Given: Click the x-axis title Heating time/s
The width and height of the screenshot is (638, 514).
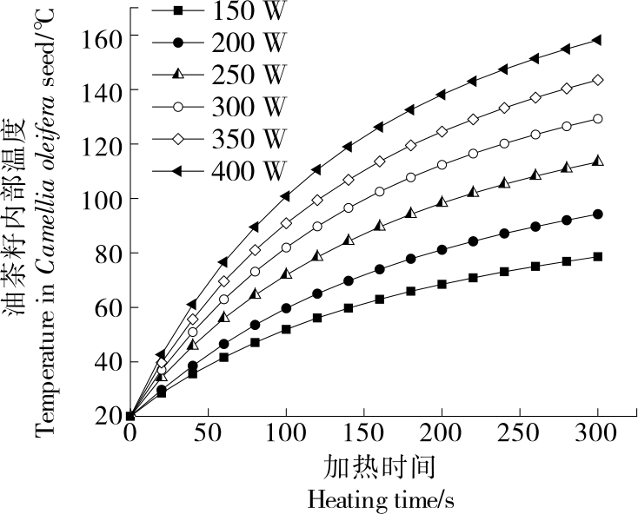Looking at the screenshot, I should (381, 500).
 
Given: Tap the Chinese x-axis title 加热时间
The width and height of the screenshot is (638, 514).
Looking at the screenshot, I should (381, 468).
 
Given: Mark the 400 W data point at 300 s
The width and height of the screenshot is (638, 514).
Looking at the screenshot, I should (597, 40).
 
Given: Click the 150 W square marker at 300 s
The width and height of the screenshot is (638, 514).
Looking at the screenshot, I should (598, 257).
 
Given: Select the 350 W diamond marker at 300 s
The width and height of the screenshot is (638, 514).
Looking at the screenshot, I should (598, 80).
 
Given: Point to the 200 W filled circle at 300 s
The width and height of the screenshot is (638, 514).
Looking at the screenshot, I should (598, 214).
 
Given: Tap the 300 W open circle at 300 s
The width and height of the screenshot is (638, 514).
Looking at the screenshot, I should (598, 119).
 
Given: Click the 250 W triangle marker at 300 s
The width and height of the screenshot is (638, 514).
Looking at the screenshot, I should (598, 161).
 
